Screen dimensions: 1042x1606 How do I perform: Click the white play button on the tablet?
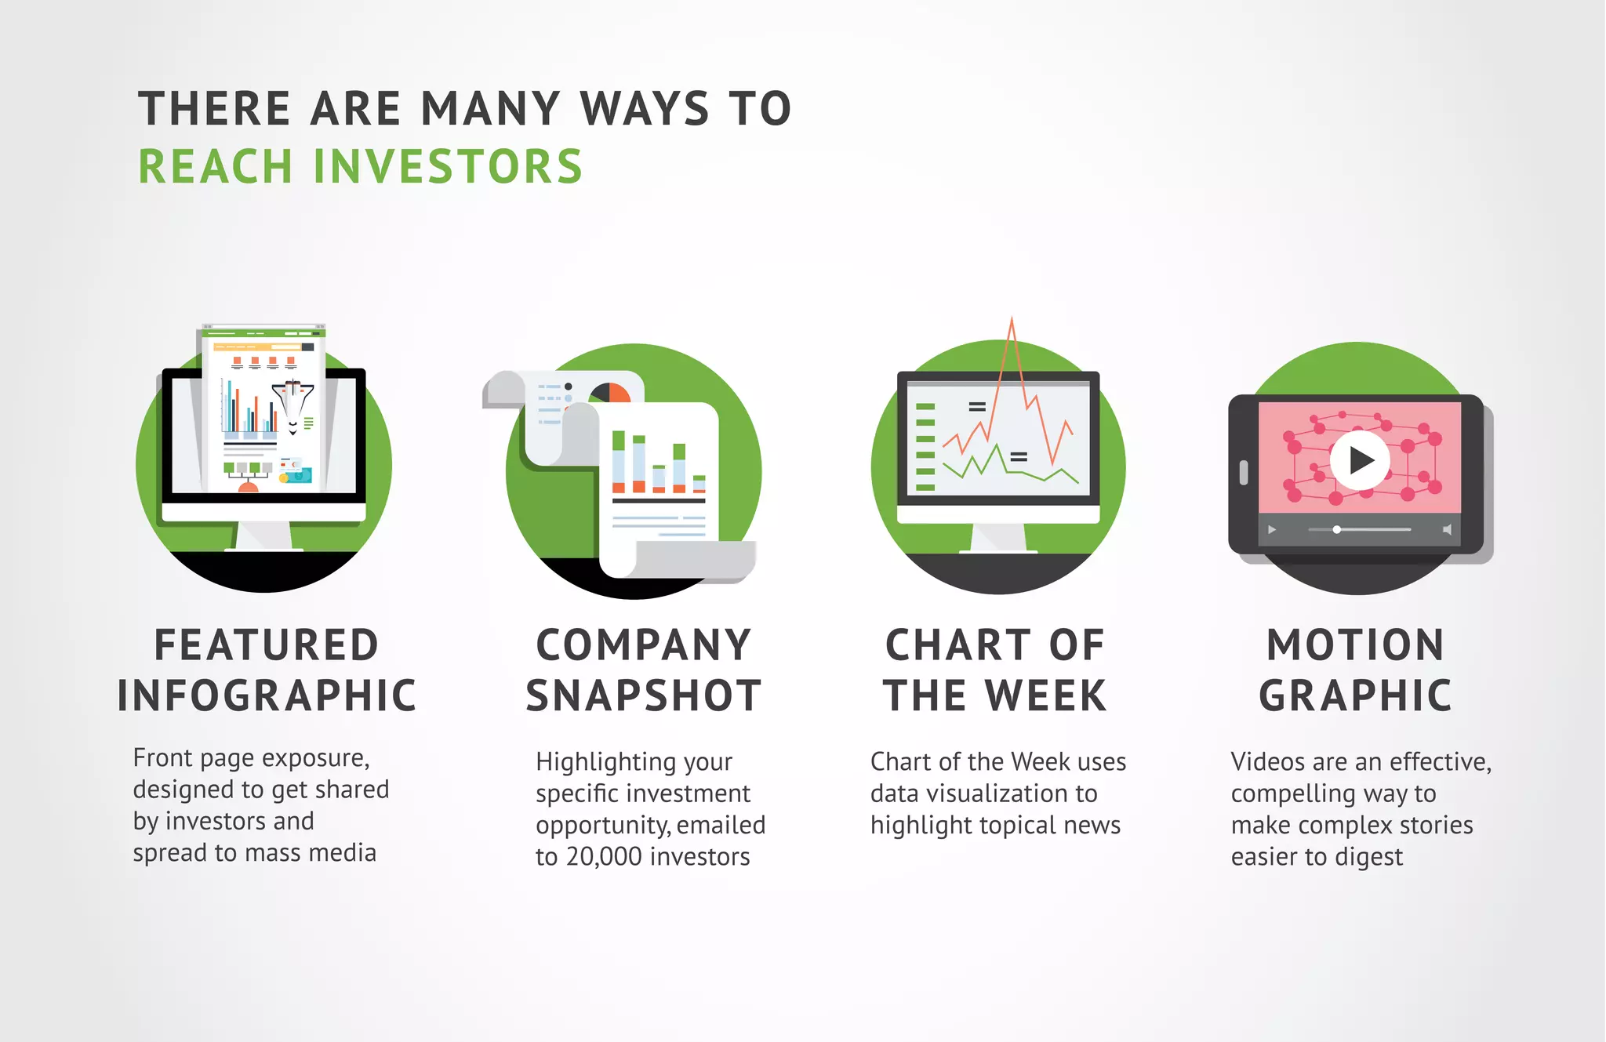click(1360, 460)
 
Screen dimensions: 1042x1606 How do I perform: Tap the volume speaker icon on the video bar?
click(1447, 530)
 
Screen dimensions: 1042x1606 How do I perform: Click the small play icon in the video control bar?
click(1271, 530)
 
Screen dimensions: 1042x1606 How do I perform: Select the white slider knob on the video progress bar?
click(1336, 530)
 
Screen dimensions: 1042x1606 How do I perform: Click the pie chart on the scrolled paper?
click(610, 393)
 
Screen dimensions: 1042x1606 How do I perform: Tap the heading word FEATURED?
click(266, 645)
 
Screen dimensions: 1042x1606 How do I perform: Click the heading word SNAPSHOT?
click(643, 696)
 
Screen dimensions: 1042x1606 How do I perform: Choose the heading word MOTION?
click(1355, 645)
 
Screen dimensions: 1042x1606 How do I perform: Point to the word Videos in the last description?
click(1265, 762)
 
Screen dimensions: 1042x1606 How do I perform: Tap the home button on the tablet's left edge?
click(1243, 472)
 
